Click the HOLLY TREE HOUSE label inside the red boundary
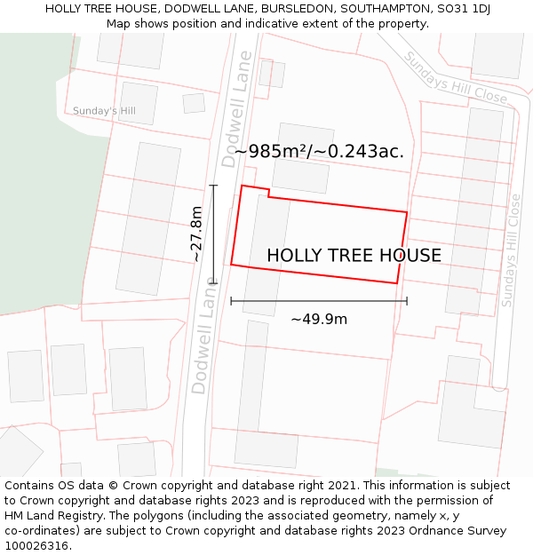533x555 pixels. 354,256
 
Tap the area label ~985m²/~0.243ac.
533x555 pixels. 318,151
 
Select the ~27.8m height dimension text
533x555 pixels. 196,234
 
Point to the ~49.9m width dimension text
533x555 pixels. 319,319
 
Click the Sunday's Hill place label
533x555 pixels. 104,111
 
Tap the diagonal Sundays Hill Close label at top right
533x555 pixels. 455,76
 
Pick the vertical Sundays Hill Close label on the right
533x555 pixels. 511,251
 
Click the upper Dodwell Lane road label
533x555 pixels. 236,108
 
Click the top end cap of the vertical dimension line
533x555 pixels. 213,186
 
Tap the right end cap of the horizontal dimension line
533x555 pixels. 407,301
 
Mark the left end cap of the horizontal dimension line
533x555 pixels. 231,301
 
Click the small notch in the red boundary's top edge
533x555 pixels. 268,193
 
